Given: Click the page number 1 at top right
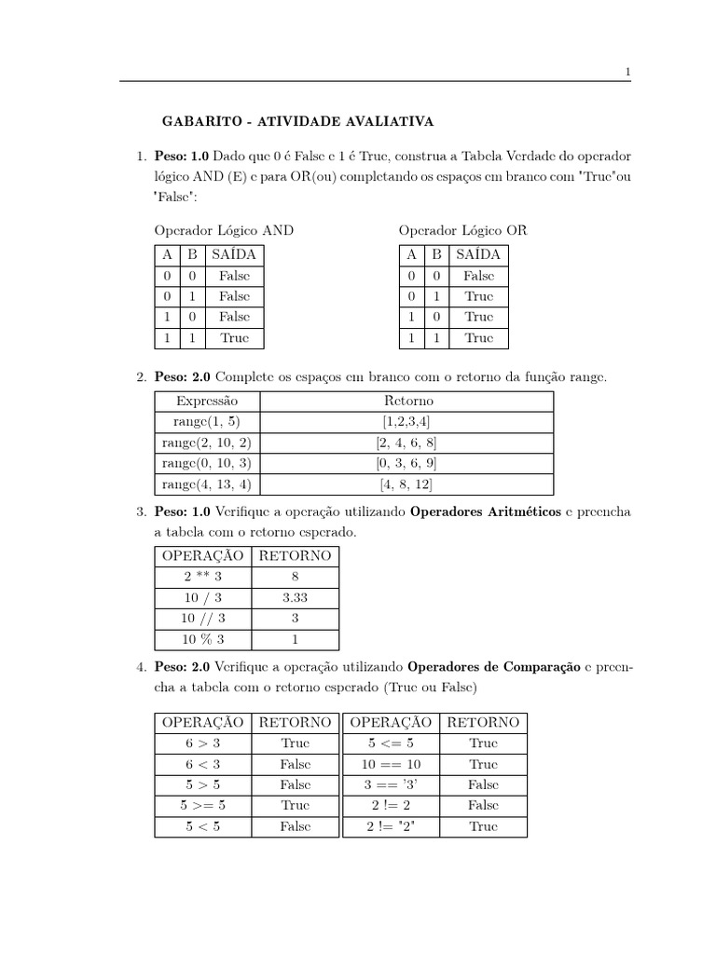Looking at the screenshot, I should click(x=628, y=72).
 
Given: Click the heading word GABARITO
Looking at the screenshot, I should click(x=195, y=121).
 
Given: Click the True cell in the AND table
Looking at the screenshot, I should click(x=235, y=338).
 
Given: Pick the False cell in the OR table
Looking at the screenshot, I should click(x=478, y=276).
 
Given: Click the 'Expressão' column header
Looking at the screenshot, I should click(x=206, y=401).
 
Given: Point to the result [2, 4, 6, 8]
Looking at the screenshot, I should click(x=407, y=443).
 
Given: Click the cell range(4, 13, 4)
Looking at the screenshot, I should click(x=206, y=484).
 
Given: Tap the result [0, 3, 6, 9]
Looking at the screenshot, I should click(x=407, y=463).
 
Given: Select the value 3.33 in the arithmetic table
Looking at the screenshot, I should click(x=295, y=598).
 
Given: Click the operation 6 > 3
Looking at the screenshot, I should click(x=202, y=743).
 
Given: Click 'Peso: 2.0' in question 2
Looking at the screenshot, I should click(x=183, y=377).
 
